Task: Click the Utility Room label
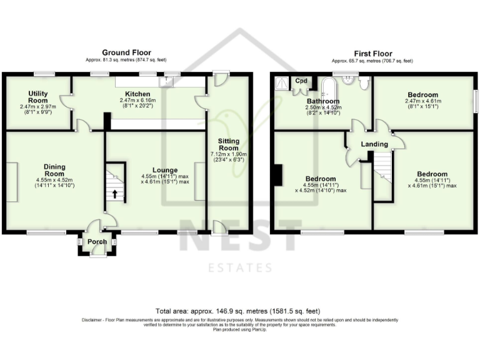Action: (x=38, y=97)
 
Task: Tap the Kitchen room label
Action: (x=136, y=93)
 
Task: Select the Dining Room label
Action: (x=55, y=170)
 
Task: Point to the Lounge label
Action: (x=165, y=169)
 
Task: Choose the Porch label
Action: (x=97, y=242)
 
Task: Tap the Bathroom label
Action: (x=323, y=101)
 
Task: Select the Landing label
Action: (x=375, y=144)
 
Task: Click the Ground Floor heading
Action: (x=127, y=52)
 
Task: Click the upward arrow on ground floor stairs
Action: (x=115, y=193)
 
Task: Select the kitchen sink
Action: (x=168, y=81)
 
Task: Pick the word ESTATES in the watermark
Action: (x=240, y=268)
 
